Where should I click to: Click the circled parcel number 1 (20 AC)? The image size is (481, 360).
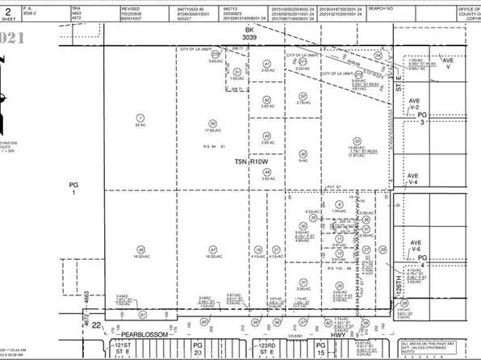tap(141, 119)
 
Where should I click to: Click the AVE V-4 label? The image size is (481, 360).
tap(414, 179)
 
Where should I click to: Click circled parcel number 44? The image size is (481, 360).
tap(266, 171)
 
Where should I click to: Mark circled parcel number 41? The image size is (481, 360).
tap(266, 64)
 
